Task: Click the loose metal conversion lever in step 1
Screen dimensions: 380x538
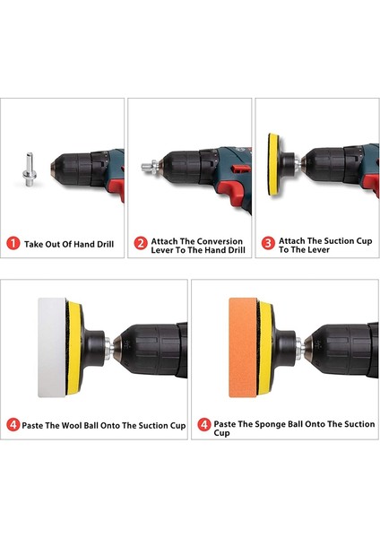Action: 30,169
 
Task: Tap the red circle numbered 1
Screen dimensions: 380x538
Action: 13,244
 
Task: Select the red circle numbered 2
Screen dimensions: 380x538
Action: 141,243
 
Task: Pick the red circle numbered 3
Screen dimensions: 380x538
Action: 268,243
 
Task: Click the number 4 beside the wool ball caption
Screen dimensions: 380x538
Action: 13,425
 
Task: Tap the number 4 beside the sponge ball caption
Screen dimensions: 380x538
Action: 204,425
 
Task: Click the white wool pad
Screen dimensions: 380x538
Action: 52,347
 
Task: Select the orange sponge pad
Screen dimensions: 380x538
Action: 243,347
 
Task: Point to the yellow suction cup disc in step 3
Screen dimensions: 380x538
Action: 273,164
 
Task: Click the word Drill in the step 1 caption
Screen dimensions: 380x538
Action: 104,244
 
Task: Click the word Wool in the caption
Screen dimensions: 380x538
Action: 72,425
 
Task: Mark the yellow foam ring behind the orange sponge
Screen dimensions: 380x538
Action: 265,348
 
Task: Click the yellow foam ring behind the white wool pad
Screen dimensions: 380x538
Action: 74,348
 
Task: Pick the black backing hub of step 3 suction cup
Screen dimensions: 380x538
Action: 289,164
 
